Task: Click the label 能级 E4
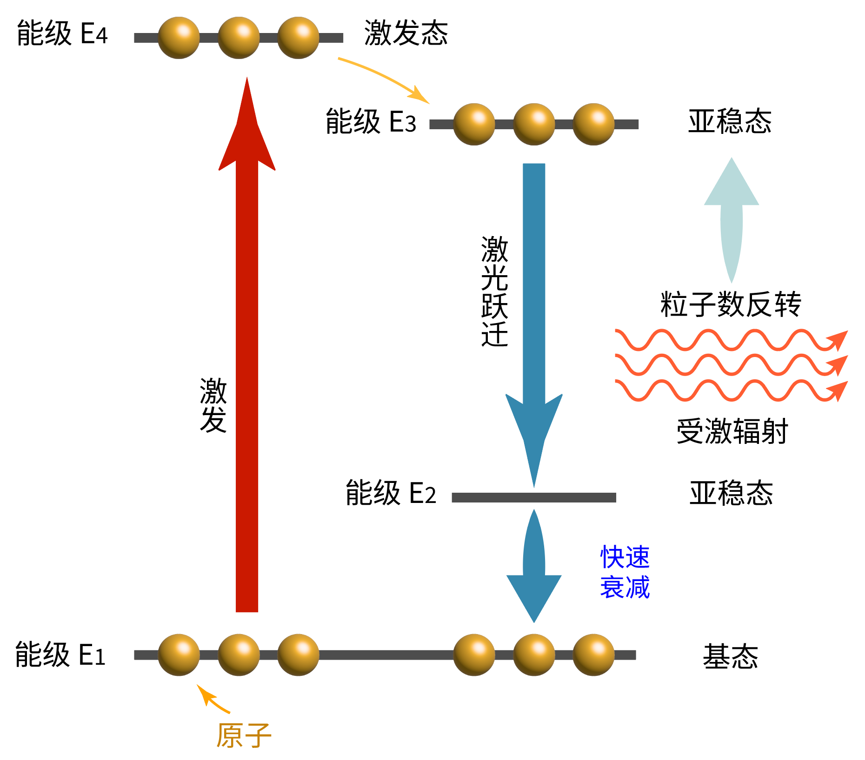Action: [62, 33]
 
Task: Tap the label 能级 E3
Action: [371, 122]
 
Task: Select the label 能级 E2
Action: [391, 493]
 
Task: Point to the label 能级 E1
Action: [60, 655]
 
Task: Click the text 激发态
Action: [406, 33]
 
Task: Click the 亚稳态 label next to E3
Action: [730, 122]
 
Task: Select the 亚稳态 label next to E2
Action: [731, 493]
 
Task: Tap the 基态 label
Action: [730, 657]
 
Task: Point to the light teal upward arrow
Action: [731, 214]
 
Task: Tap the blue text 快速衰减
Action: [625, 572]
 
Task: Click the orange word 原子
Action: [244, 735]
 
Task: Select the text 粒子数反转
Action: [731, 305]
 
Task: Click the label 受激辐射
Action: [732, 431]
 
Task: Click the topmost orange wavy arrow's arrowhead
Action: [839, 339]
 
